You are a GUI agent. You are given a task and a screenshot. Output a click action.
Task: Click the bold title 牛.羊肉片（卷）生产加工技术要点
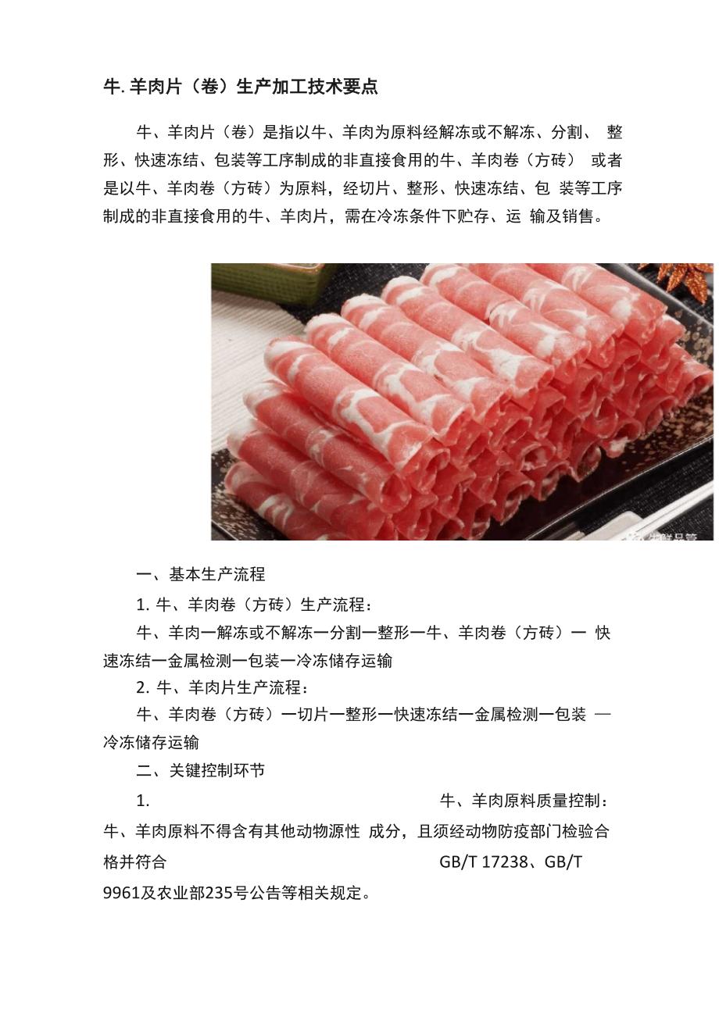click(240, 87)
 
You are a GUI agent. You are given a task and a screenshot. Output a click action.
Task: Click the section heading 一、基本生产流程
click(200, 574)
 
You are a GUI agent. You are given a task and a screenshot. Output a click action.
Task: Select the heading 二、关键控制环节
click(200, 770)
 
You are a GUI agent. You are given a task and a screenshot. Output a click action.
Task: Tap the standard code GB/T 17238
click(483, 862)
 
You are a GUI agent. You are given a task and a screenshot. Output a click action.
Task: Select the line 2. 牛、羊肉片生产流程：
click(222, 687)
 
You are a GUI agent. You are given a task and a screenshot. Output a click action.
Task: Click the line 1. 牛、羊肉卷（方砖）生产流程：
click(254, 605)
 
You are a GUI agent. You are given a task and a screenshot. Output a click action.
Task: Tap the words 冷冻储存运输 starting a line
click(152, 742)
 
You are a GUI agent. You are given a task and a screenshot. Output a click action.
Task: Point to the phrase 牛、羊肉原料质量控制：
click(524, 801)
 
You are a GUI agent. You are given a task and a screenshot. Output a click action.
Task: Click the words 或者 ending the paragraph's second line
click(606, 160)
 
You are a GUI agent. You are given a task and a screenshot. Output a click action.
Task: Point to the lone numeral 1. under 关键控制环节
click(142, 801)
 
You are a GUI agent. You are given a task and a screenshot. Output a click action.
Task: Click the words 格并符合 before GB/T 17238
click(135, 862)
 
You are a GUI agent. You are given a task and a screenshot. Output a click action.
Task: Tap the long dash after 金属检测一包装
click(603, 714)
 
